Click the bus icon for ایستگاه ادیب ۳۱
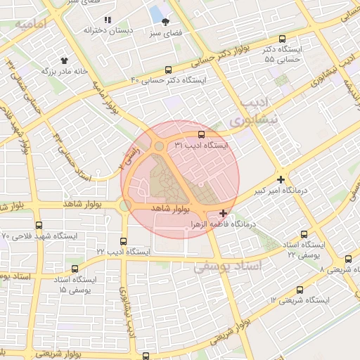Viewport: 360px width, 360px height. [x=201, y=134]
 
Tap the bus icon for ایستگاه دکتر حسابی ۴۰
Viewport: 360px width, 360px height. [x=167, y=70]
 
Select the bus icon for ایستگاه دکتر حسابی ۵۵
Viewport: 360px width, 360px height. [x=283, y=39]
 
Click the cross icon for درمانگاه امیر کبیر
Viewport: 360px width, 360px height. [x=281, y=180]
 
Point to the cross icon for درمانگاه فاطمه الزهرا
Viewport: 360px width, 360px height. [x=224, y=213]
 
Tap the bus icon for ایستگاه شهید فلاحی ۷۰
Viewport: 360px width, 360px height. [x=38, y=226]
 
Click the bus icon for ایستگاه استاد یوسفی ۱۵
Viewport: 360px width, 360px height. [x=75, y=269]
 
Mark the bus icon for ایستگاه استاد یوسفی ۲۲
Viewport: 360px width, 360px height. [x=304, y=234]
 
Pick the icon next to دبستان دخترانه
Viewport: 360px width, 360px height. [x=108, y=20]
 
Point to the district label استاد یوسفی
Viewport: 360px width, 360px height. [x=226, y=266]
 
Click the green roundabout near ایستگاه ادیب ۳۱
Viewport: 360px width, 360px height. [x=160, y=146]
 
